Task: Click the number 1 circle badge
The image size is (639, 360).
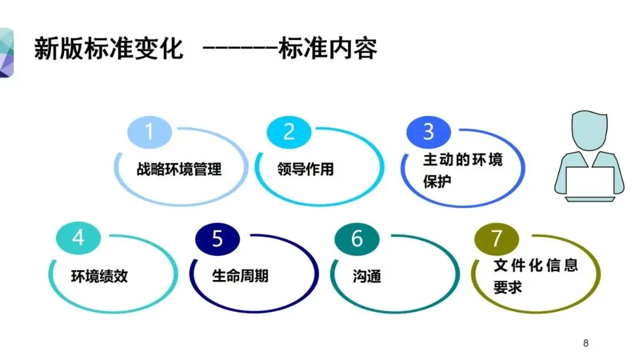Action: (149, 132)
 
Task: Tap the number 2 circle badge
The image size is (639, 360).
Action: (289, 132)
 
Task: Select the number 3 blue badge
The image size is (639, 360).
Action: (429, 132)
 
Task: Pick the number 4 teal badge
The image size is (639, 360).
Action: (79, 238)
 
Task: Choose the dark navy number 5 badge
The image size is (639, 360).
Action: (218, 239)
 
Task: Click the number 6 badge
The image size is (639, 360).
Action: (357, 239)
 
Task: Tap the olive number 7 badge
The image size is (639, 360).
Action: (497, 239)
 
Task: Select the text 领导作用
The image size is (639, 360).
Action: (305, 169)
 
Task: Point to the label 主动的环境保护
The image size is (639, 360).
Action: (462, 170)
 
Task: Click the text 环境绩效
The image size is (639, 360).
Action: (99, 276)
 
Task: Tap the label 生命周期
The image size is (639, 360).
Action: (240, 276)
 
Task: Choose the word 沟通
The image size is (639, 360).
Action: (367, 276)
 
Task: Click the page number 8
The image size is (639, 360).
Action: (586, 343)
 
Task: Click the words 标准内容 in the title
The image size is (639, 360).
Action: (328, 49)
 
